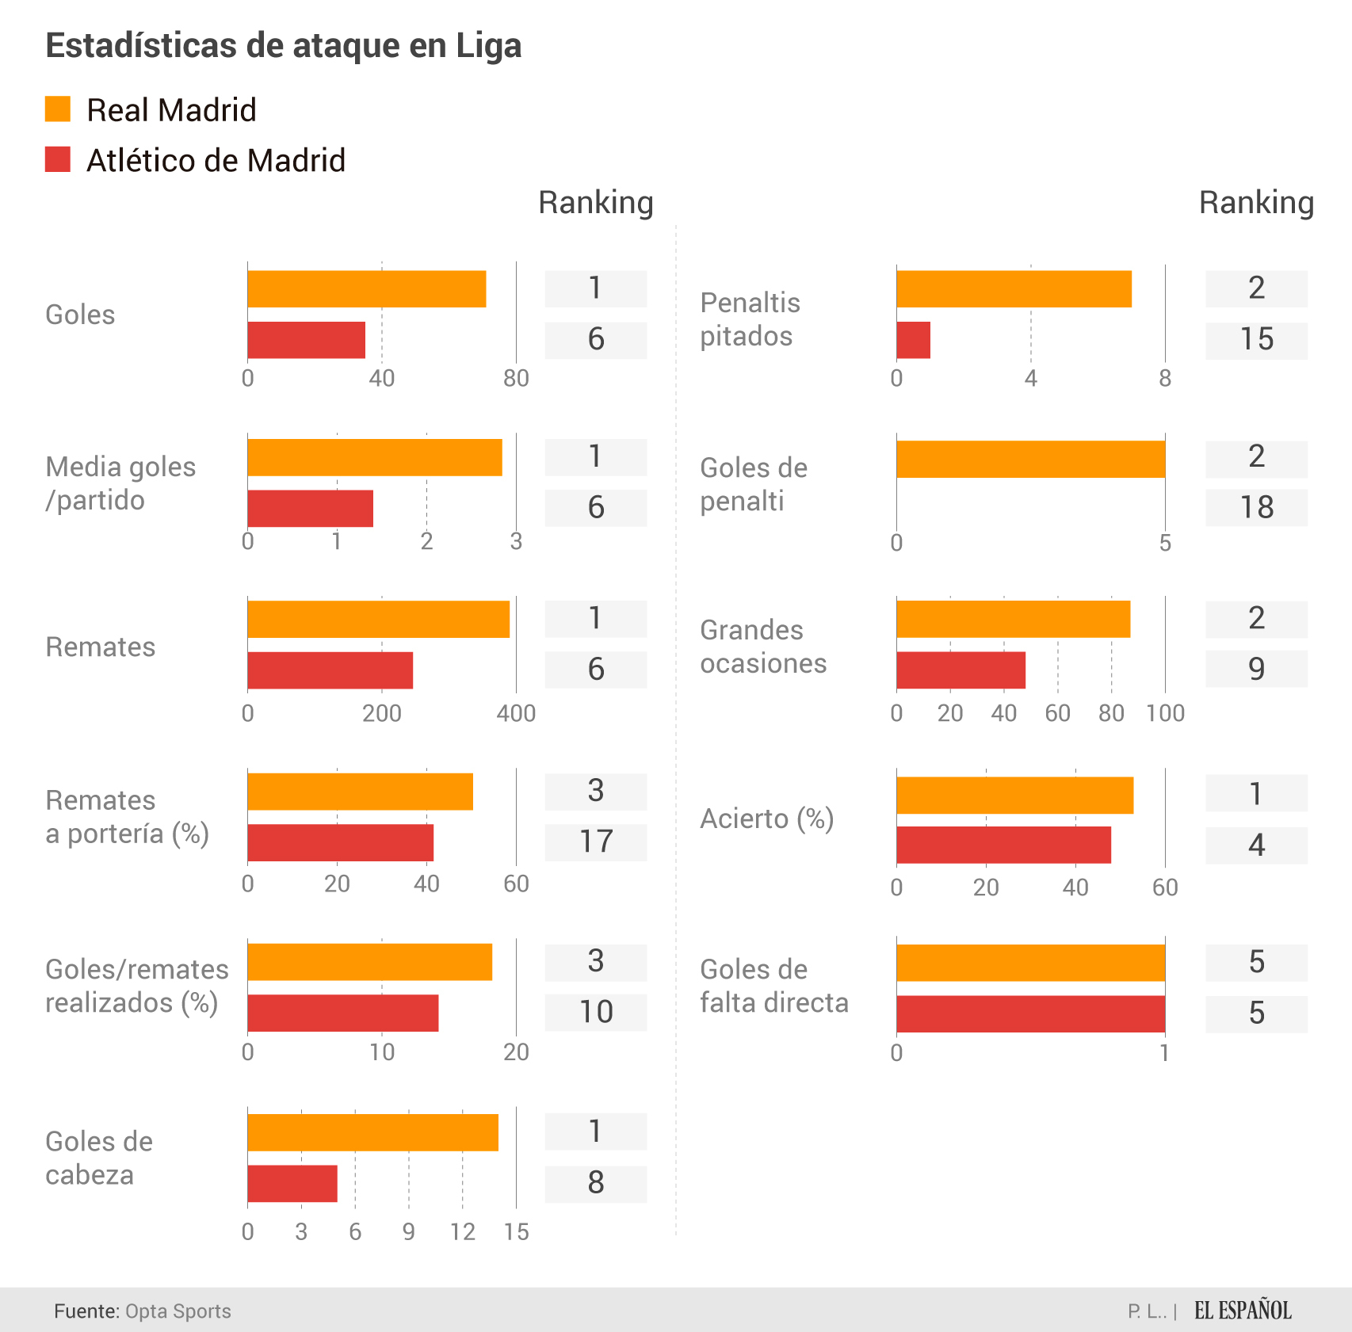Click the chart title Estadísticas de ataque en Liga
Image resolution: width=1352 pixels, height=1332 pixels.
pyautogui.click(x=283, y=46)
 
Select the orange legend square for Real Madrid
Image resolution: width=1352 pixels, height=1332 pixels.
pyautogui.click(x=58, y=109)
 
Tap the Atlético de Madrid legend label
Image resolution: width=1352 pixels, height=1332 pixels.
pyautogui.click(x=216, y=161)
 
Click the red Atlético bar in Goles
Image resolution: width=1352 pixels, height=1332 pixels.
pyautogui.click(x=306, y=340)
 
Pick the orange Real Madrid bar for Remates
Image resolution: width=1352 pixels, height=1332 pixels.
pyautogui.click(x=378, y=619)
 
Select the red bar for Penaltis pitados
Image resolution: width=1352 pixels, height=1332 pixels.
pyautogui.click(x=913, y=340)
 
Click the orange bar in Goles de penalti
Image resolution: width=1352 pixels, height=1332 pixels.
pyautogui.click(x=1030, y=460)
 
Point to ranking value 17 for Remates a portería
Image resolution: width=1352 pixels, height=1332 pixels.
pyautogui.click(x=596, y=842)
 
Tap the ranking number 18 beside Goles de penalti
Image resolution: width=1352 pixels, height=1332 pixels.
pyautogui.click(x=1256, y=508)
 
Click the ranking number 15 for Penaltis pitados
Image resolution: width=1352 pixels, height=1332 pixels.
pyautogui.click(x=1256, y=340)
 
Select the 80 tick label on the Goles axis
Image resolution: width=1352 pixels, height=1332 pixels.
pyautogui.click(x=516, y=379)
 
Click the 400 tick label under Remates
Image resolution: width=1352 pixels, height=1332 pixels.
pyautogui.click(x=516, y=714)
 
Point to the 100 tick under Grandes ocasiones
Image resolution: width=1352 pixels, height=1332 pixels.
pyautogui.click(x=1165, y=714)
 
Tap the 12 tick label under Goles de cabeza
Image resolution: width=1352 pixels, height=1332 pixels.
pyautogui.click(x=463, y=1232)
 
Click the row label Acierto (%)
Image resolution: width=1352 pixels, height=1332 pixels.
pyautogui.click(x=766, y=819)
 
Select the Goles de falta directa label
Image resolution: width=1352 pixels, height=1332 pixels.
pyautogui.click(x=773, y=987)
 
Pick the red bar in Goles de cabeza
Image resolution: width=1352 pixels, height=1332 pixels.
pyautogui.click(x=292, y=1184)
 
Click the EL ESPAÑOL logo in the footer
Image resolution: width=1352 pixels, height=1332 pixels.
pyautogui.click(x=1243, y=1311)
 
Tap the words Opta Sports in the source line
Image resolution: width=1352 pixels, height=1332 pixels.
pyautogui.click(x=178, y=1311)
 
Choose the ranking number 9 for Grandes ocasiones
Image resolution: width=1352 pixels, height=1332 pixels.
pyautogui.click(x=1256, y=670)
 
